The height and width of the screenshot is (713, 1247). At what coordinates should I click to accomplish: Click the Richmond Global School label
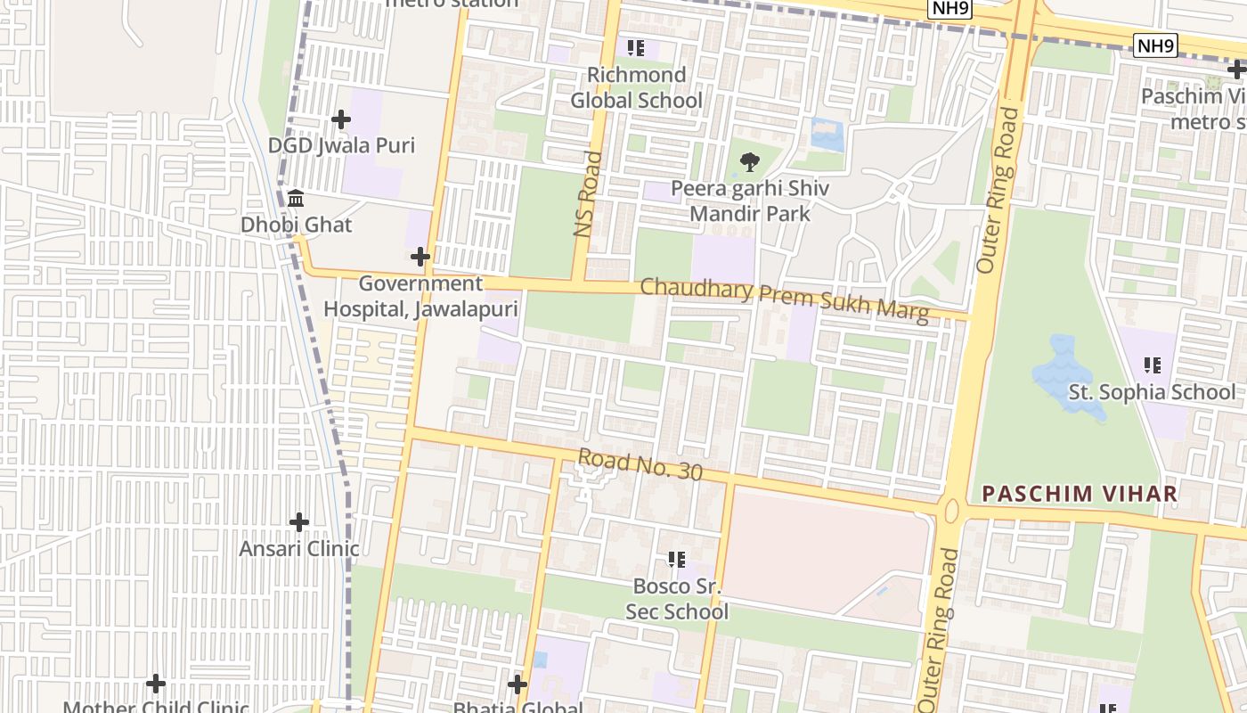point(636,87)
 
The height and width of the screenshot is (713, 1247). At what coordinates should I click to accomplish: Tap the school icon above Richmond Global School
point(635,48)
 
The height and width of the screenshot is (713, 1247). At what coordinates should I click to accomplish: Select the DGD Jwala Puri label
point(342,145)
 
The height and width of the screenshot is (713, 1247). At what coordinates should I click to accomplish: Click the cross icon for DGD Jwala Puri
point(340,119)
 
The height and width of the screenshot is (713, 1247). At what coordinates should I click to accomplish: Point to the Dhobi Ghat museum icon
point(296,198)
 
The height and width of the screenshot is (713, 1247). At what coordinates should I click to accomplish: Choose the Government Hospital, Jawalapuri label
point(420,296)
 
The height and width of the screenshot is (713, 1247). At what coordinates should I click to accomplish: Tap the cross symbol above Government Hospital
point(420,258)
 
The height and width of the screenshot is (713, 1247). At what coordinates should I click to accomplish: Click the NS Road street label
point(588,193)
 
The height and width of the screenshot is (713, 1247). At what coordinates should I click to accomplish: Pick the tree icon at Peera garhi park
point(750,162)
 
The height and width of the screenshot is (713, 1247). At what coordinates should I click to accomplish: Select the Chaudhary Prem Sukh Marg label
point(784,299)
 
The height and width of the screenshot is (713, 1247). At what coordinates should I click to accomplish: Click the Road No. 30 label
point(640,464)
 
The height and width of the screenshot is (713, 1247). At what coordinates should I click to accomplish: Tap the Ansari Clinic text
point(299,548)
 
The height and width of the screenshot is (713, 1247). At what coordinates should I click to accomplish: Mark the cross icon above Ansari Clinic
point(299,521)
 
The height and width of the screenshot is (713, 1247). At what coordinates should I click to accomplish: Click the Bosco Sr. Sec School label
point(677,598)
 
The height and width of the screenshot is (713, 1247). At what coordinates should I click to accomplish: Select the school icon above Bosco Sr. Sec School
point(677,560)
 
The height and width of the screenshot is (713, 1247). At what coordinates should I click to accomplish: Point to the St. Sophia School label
point(1152,392)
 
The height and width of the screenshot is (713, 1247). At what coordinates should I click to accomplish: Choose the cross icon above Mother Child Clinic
point(156,684)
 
